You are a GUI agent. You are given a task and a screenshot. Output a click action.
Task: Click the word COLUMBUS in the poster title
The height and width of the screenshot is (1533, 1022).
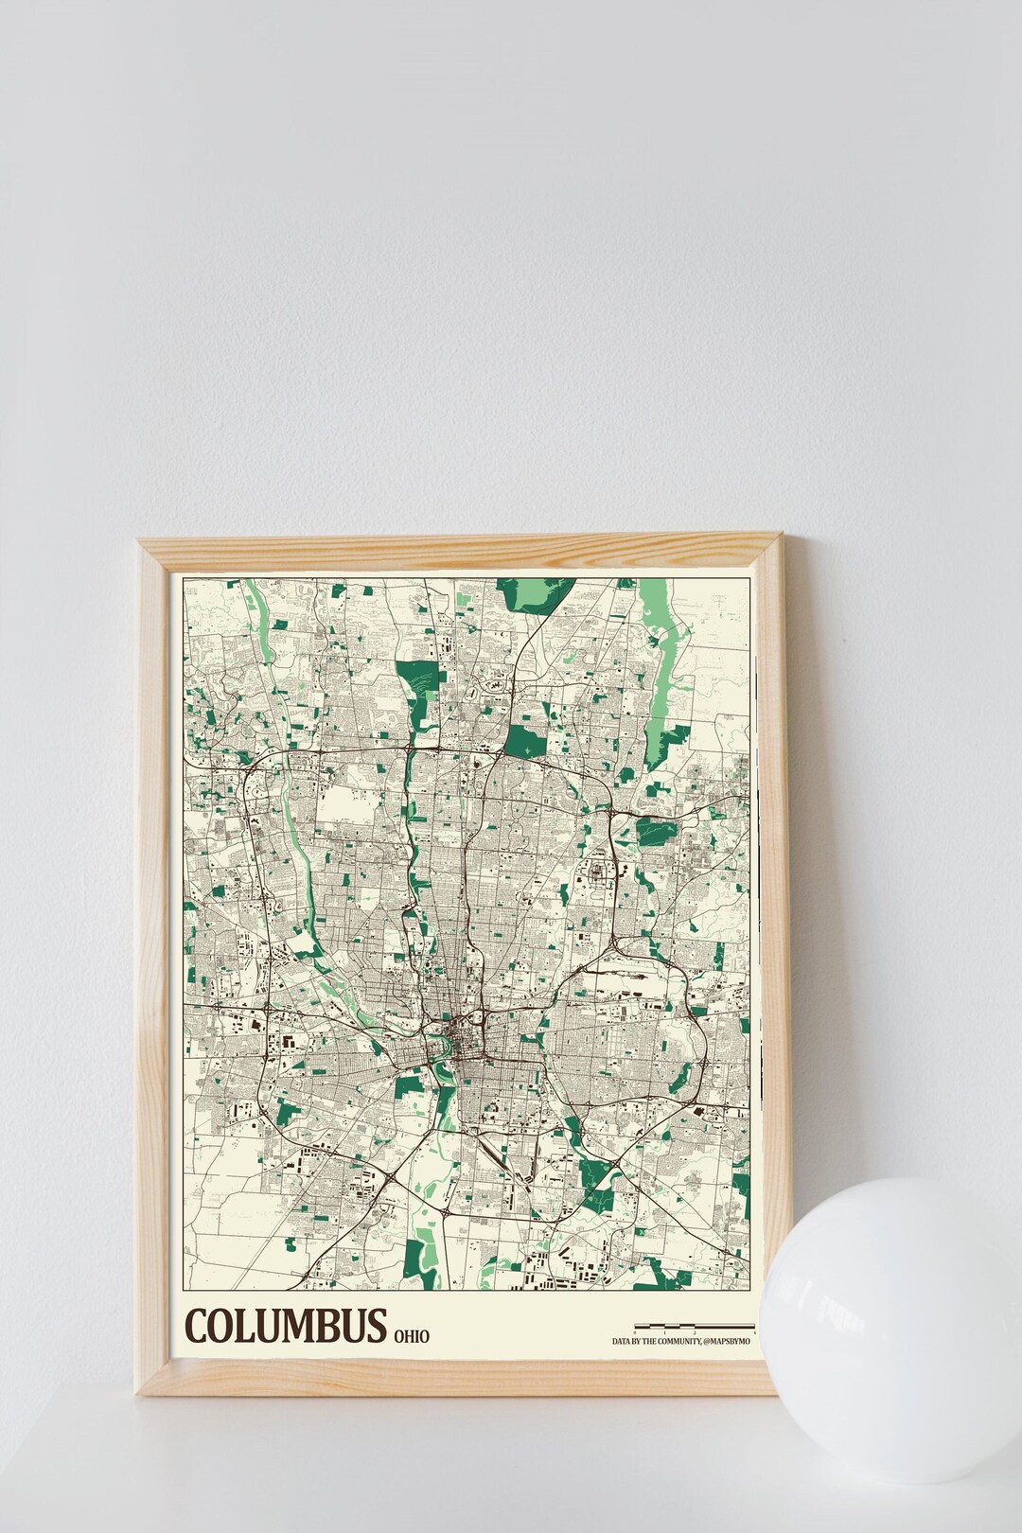[x=286, y=1327]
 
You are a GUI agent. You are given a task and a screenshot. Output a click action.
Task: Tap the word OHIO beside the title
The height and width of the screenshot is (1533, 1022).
[x=411, y=1336]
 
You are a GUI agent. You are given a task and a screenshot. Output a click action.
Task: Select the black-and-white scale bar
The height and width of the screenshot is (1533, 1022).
[x=695, y=1326]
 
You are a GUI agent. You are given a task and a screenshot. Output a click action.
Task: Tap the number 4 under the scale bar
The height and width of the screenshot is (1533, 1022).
[x=753, y=1332]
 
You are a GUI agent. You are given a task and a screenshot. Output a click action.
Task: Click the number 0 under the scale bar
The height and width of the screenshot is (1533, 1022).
[x=636, y=1332]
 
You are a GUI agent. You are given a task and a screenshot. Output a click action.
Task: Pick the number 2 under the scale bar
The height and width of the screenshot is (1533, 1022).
[x=695, y=1332]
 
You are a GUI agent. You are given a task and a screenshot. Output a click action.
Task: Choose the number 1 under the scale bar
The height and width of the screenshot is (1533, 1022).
[x=665, y=1332]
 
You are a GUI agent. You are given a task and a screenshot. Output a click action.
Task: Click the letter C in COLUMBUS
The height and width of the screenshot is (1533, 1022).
[x=199, y=1327]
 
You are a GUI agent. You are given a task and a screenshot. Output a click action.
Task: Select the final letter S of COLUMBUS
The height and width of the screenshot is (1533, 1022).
[x=377, y=1327]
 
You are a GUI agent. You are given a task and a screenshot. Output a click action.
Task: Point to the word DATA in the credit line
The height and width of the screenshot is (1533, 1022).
[x=623, y=1341]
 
